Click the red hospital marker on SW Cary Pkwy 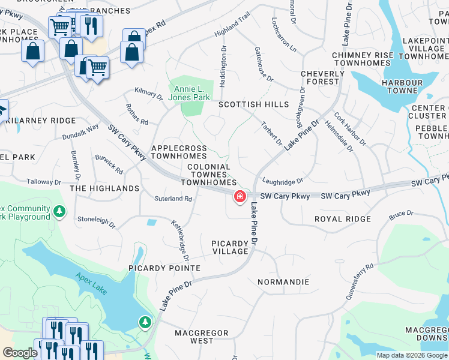240,196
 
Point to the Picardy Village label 230,247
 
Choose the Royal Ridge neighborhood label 342,220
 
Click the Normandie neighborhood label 283,282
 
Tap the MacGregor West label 202,337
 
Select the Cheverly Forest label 322,78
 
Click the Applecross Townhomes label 179,152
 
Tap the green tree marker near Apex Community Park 59,211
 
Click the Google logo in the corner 20,353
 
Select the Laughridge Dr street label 283,181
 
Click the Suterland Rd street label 173,199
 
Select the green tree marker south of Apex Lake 145,323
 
